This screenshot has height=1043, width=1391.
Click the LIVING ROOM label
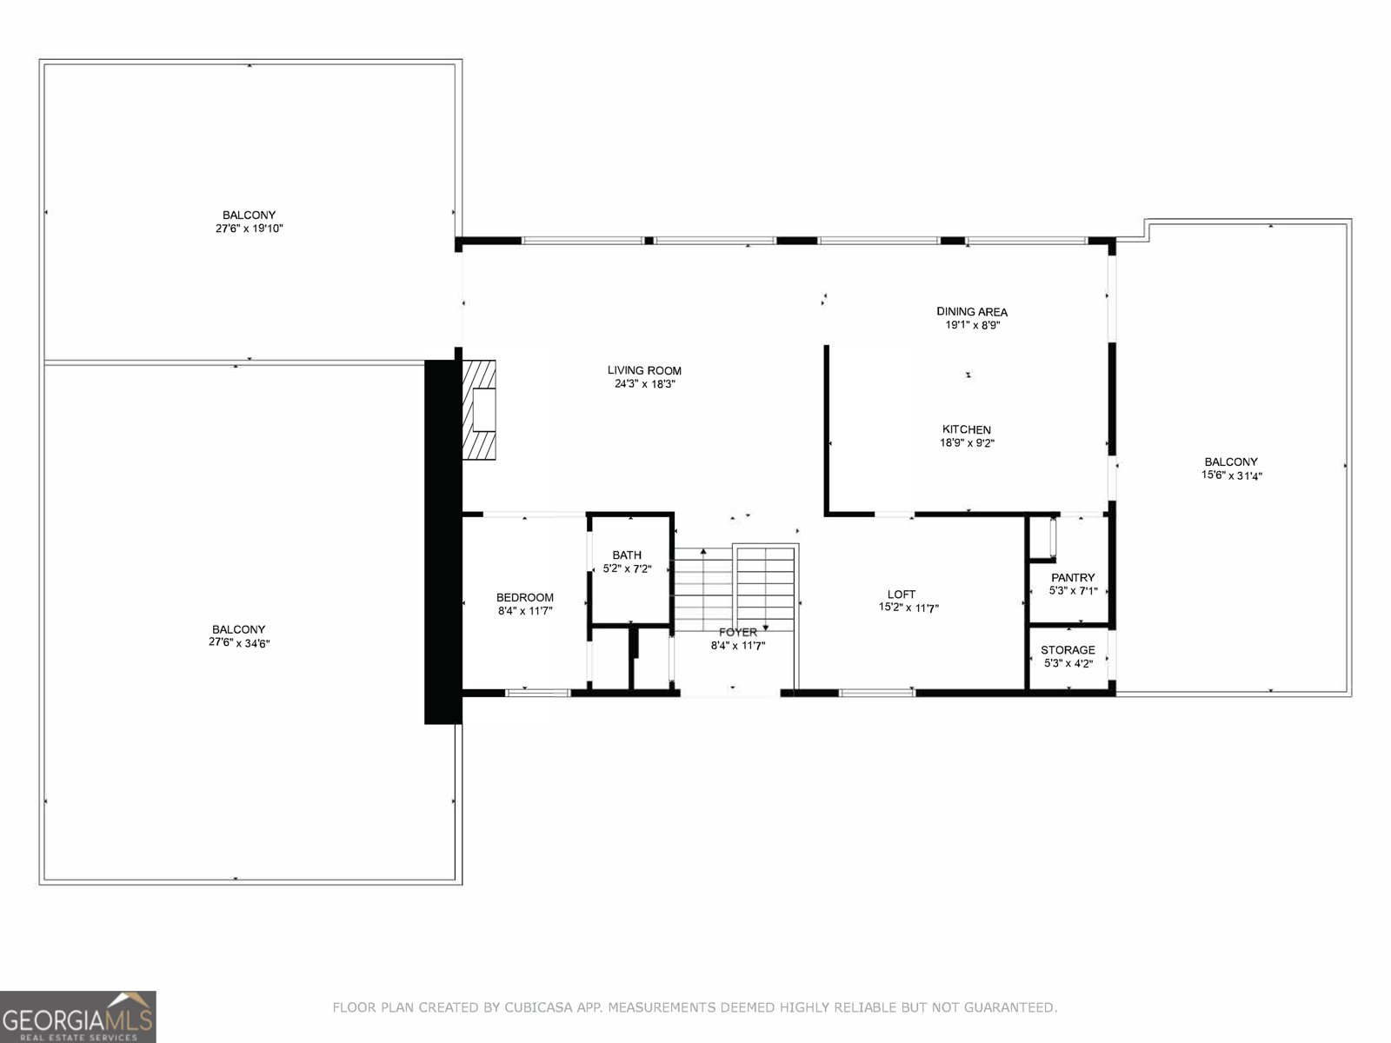(x=644, y=370)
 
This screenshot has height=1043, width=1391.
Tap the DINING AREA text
(x=972, y=311)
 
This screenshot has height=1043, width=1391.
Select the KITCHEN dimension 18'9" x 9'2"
(x=967, y=443)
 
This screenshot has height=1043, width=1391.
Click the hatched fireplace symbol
(x=479, y=410)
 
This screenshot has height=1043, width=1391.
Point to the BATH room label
(x=627, y=555)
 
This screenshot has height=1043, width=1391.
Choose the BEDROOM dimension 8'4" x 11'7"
(x=525, y=611)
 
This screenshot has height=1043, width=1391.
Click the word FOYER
(x=737, y=632)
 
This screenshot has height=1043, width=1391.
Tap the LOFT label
(x=902, y=595)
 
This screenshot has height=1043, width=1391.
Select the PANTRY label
(x=1073, y=577)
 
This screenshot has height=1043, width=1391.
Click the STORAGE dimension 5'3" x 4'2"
(x=1068, y=663)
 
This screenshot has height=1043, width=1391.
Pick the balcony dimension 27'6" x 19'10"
(x=249, y=229)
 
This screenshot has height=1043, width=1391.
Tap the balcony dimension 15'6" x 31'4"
(x=1231, y=475)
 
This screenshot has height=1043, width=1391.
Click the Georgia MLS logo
(x=78, y=1016)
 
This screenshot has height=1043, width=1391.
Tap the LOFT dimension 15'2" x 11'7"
(x=908, y=608)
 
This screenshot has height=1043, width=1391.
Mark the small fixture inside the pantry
(x=1052, y=537)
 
